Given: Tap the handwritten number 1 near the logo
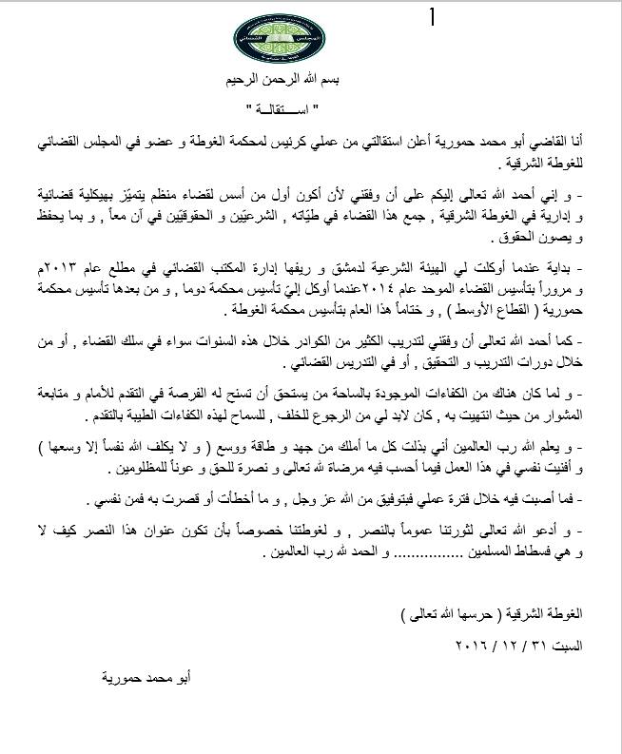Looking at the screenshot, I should tap(434, 18).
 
